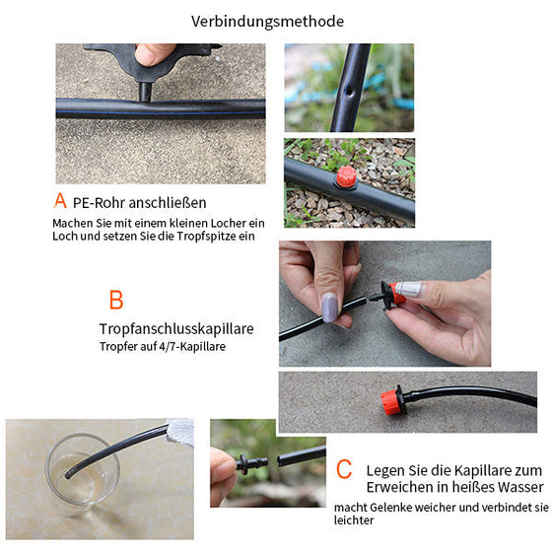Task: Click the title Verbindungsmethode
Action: [268, 21]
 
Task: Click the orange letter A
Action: [60, 201]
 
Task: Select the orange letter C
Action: [344, 470]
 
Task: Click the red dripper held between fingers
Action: [397, 293]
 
